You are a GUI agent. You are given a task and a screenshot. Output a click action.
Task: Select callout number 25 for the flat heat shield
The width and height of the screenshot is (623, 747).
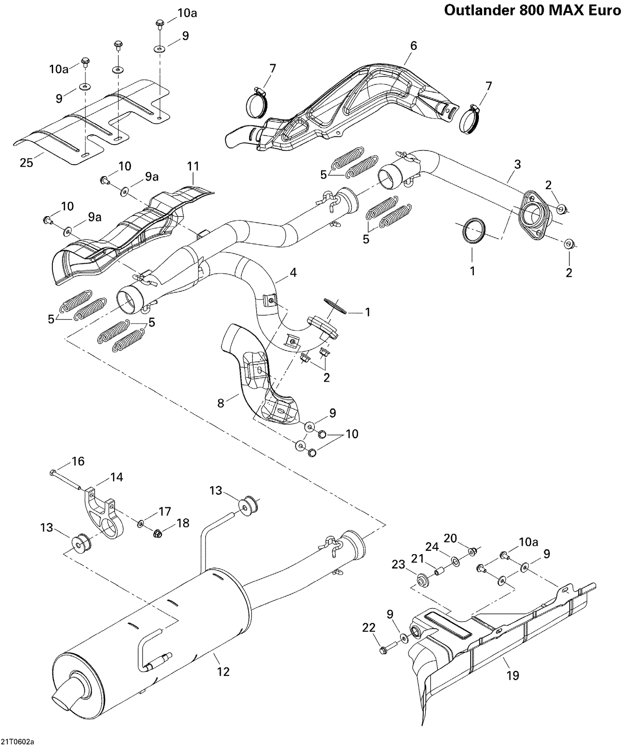coord(26,163)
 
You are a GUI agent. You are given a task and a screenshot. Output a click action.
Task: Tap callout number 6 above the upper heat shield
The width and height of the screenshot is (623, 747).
coord(413,46)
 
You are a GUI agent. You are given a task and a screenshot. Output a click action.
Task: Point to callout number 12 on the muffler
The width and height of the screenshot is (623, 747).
coord(223,671)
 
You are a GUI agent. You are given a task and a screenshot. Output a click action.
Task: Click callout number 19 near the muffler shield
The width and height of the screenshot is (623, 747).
coord(513,676)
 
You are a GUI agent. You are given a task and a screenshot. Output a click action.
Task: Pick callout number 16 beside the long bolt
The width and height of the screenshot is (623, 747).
coord(78,461)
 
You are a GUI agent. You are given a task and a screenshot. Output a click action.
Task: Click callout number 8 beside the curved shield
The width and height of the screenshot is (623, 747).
coord(221,403)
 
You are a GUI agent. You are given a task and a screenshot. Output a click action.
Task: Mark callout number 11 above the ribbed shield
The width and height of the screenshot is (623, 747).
coord(193,166)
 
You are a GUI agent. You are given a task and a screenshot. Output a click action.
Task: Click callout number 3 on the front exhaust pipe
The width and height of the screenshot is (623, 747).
coord(517,164)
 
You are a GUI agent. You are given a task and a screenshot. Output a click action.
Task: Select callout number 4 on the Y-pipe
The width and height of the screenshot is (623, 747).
coord(293,273)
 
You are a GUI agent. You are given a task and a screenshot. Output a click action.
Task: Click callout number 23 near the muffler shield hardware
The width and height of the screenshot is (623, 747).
coord(398,565)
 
